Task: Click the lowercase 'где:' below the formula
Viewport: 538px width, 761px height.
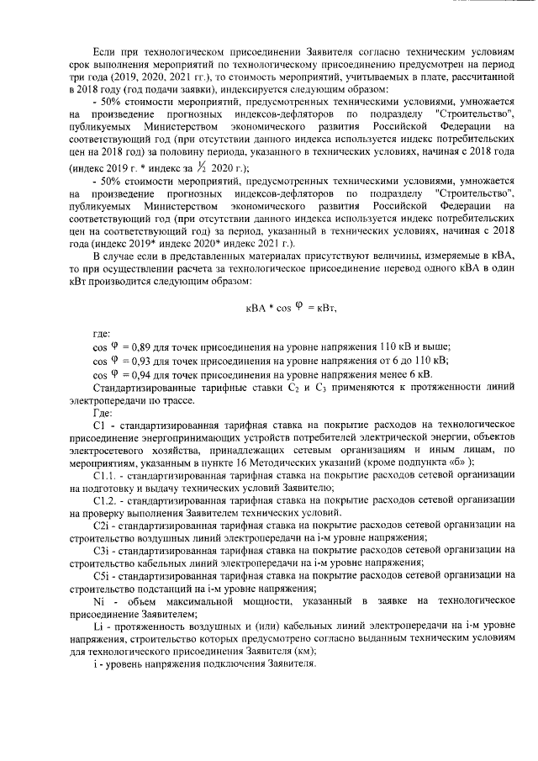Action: (x=101, y=335)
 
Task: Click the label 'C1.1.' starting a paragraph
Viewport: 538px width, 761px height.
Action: (x=105, y=476)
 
